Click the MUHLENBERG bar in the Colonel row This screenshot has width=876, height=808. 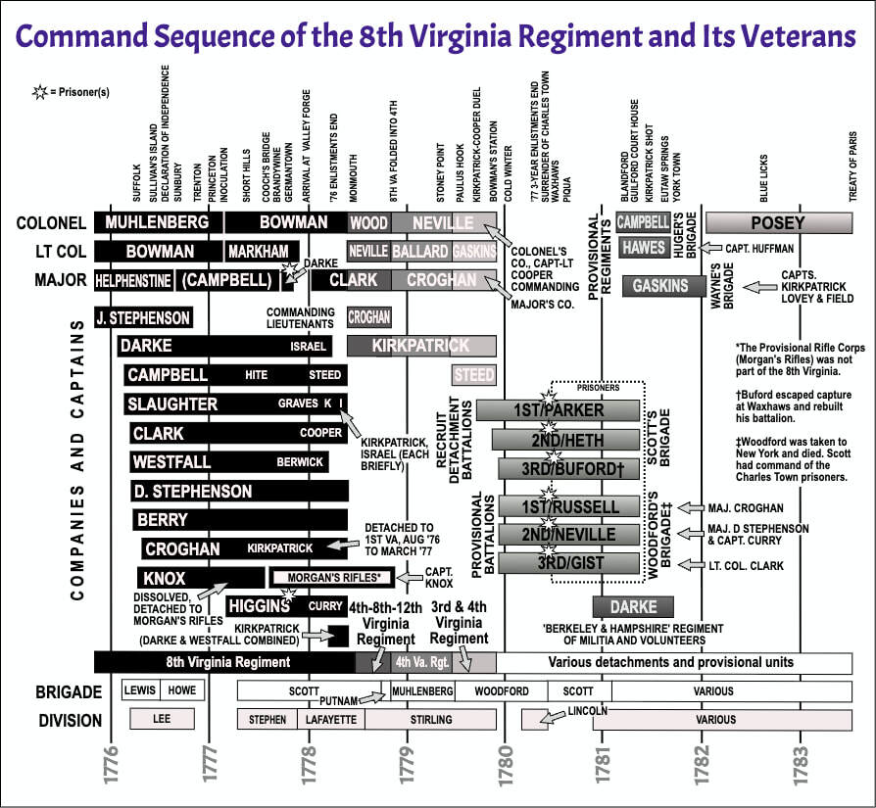157,222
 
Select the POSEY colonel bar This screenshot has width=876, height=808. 777,222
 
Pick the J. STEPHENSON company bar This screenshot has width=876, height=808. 142,317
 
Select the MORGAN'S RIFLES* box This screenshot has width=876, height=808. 332,577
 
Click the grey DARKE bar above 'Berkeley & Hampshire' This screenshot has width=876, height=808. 625,606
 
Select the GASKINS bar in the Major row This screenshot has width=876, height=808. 661,286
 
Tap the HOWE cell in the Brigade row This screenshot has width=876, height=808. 181,691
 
